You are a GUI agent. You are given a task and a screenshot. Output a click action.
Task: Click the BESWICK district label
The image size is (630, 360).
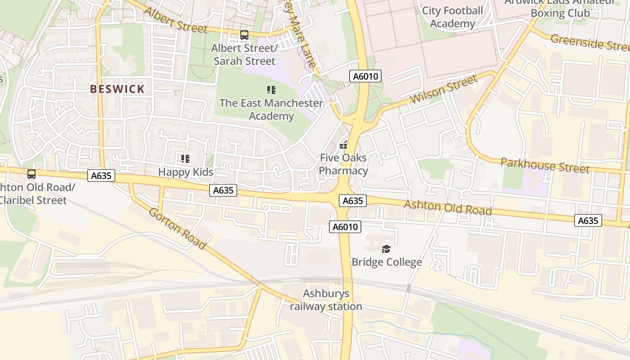click(x=117, y=89)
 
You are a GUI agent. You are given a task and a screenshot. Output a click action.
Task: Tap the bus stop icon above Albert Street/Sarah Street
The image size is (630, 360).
click(x=244, y=35)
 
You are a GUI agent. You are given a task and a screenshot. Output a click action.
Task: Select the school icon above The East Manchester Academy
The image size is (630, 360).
click(x=271, y=90)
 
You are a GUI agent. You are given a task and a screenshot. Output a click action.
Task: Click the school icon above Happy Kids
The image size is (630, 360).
click(x=185, y=158)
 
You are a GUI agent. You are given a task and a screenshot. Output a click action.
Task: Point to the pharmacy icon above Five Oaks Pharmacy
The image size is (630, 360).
click(x=343, y=145)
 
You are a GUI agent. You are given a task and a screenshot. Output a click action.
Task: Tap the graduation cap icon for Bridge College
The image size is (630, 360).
click(x=386, y=249)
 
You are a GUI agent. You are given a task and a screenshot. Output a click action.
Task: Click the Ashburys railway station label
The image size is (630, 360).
click(x=326, y=300)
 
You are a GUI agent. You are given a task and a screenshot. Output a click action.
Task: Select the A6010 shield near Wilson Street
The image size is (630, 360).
click(x=365, y=76)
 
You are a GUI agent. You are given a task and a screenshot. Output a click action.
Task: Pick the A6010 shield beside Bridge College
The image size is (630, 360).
click(x=345, y=227)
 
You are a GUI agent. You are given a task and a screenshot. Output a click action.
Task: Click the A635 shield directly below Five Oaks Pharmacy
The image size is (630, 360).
click(x=352, y=200)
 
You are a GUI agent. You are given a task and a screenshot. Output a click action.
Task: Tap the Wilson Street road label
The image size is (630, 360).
click(x=443, y=90)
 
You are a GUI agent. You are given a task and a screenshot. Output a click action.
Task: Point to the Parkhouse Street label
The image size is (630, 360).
click(x=545, y=165)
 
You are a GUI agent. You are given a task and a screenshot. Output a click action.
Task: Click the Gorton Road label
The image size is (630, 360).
click(x=177, y=229)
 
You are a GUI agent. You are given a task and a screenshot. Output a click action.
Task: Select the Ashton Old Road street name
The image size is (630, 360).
click(x=447, y=207)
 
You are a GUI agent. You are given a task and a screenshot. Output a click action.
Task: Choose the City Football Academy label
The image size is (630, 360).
click(x=452, y=17)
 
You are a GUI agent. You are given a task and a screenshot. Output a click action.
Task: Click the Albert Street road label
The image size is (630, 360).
click(x=176, y=21)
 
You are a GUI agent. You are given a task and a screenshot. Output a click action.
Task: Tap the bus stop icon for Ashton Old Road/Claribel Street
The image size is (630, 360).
click(x=31, y=174)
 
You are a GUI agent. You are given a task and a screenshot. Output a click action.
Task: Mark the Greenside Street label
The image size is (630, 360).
click(x=590, y=43)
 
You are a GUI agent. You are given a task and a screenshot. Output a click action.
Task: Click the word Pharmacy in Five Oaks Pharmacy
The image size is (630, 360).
click(x=343, y=171)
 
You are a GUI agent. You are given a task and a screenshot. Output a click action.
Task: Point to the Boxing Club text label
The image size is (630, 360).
click(x=560, y=13)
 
